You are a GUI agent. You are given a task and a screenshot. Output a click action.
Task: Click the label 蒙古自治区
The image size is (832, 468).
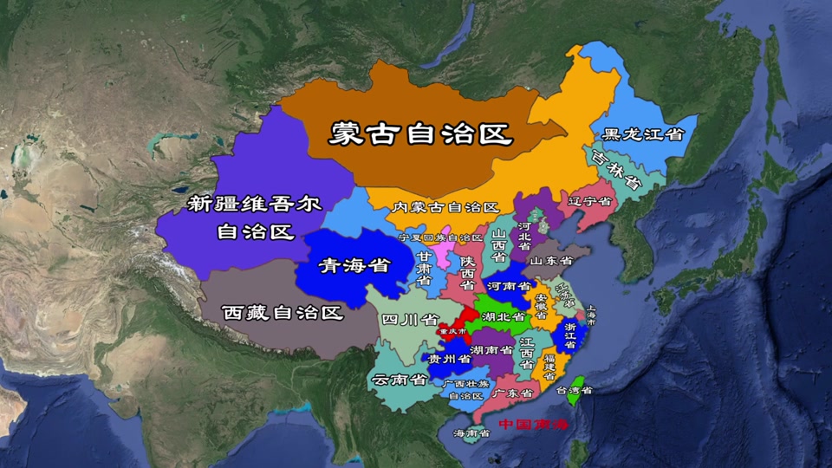(420, 133)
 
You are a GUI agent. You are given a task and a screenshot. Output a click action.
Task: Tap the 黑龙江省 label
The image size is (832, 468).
(644, 134)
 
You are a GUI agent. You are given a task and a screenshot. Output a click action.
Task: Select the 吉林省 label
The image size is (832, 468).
(616, 170)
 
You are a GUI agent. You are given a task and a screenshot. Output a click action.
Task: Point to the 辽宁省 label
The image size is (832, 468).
(590, 201)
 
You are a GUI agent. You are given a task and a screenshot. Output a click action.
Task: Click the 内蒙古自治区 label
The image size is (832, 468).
(445, 208)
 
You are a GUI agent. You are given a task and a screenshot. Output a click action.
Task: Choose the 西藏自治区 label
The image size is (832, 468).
(283, 313)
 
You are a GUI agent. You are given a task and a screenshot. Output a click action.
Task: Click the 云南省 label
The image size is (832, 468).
(398, 379)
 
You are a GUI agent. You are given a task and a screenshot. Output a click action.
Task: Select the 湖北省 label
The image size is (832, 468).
(504, 317)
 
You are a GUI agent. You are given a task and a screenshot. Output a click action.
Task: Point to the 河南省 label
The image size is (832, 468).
(509, 285)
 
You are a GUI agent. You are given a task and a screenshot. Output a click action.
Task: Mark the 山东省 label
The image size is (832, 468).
(551, 260)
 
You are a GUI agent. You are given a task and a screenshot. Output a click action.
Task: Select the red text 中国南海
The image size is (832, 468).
(533, 425)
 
